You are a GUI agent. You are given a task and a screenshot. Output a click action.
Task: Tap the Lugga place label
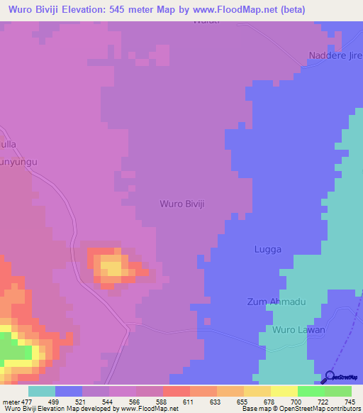click(x=268, y=250)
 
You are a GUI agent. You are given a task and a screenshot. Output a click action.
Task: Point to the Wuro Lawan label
click(x=298, y=330)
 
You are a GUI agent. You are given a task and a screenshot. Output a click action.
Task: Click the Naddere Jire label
click(x=334, y=55)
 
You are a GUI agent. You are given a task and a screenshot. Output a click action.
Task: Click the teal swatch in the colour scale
click(x=41, y=391)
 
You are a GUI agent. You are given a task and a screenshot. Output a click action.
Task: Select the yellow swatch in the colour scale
click(x=284, y=391)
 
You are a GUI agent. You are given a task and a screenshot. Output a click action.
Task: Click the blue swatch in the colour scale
click(x=69, y=391)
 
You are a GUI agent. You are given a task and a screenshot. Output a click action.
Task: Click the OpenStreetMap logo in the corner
click(x=341, y=378)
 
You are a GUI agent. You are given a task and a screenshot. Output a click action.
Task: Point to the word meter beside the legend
click(x=12, y=402)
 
